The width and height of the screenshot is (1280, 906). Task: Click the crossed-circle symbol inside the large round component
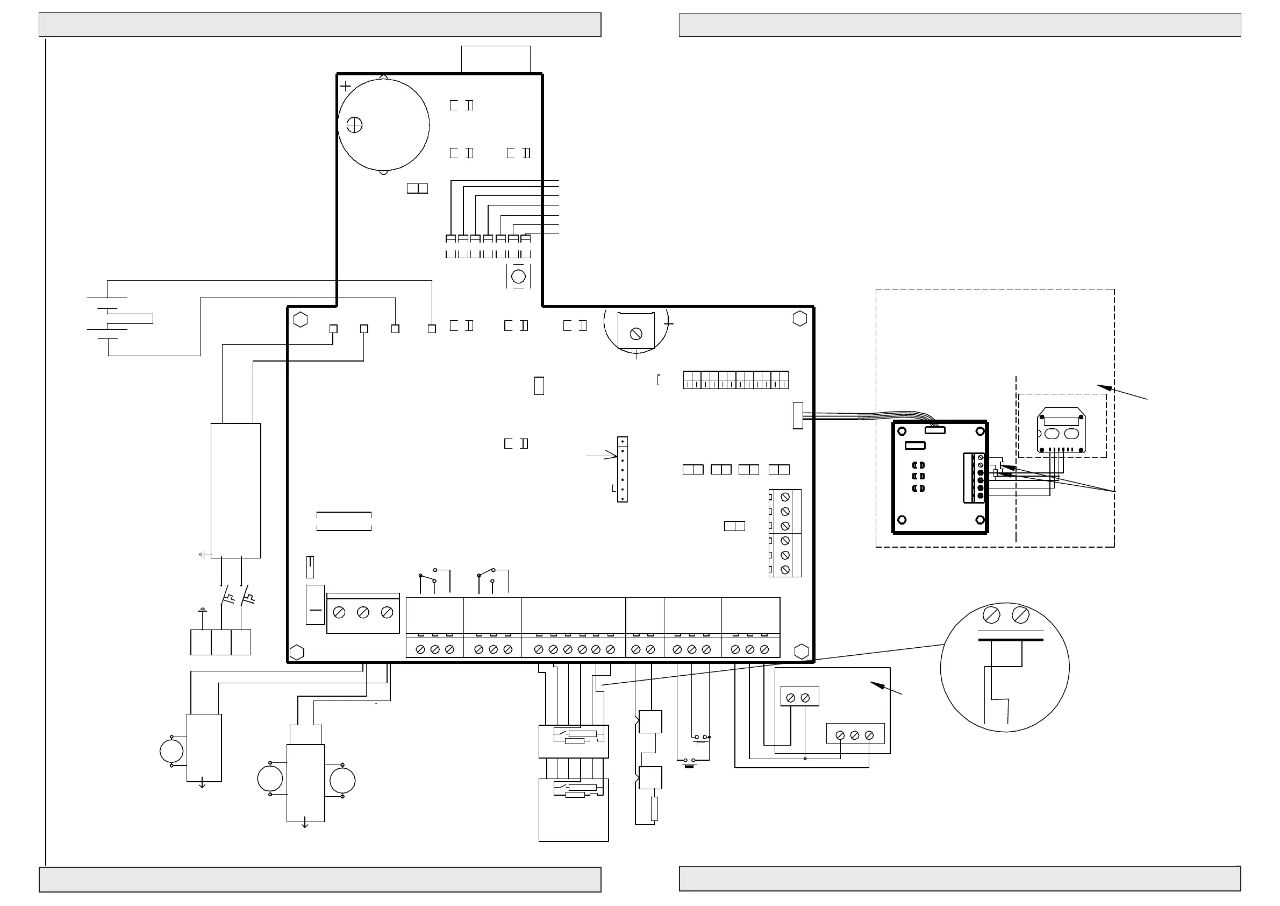click(355, 125)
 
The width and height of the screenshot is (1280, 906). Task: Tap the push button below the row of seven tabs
click(518, 277)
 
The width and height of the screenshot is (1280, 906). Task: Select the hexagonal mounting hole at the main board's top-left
click(301, 320)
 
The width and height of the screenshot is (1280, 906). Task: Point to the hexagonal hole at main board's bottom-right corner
click(801, 652)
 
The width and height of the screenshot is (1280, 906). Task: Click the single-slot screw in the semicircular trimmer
click(636, 334)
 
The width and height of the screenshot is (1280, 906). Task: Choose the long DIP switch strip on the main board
click(736, 380)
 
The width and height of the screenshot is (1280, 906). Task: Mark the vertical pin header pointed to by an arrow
click(622, 469)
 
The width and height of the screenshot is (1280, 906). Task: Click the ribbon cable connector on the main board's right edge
click(798, 416)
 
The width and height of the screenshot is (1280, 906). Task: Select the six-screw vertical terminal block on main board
click(785, 533)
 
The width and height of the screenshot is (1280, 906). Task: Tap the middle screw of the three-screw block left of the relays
click(363, 613)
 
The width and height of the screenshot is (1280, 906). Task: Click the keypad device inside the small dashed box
click(1061, 430)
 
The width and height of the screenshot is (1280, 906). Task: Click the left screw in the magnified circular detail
click(991, 615)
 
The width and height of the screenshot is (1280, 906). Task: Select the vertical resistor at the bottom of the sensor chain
click(654, 809)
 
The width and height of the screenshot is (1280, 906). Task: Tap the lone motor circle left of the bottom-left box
click(171, 752)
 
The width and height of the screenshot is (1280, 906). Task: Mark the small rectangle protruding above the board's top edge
click(496, 59)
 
